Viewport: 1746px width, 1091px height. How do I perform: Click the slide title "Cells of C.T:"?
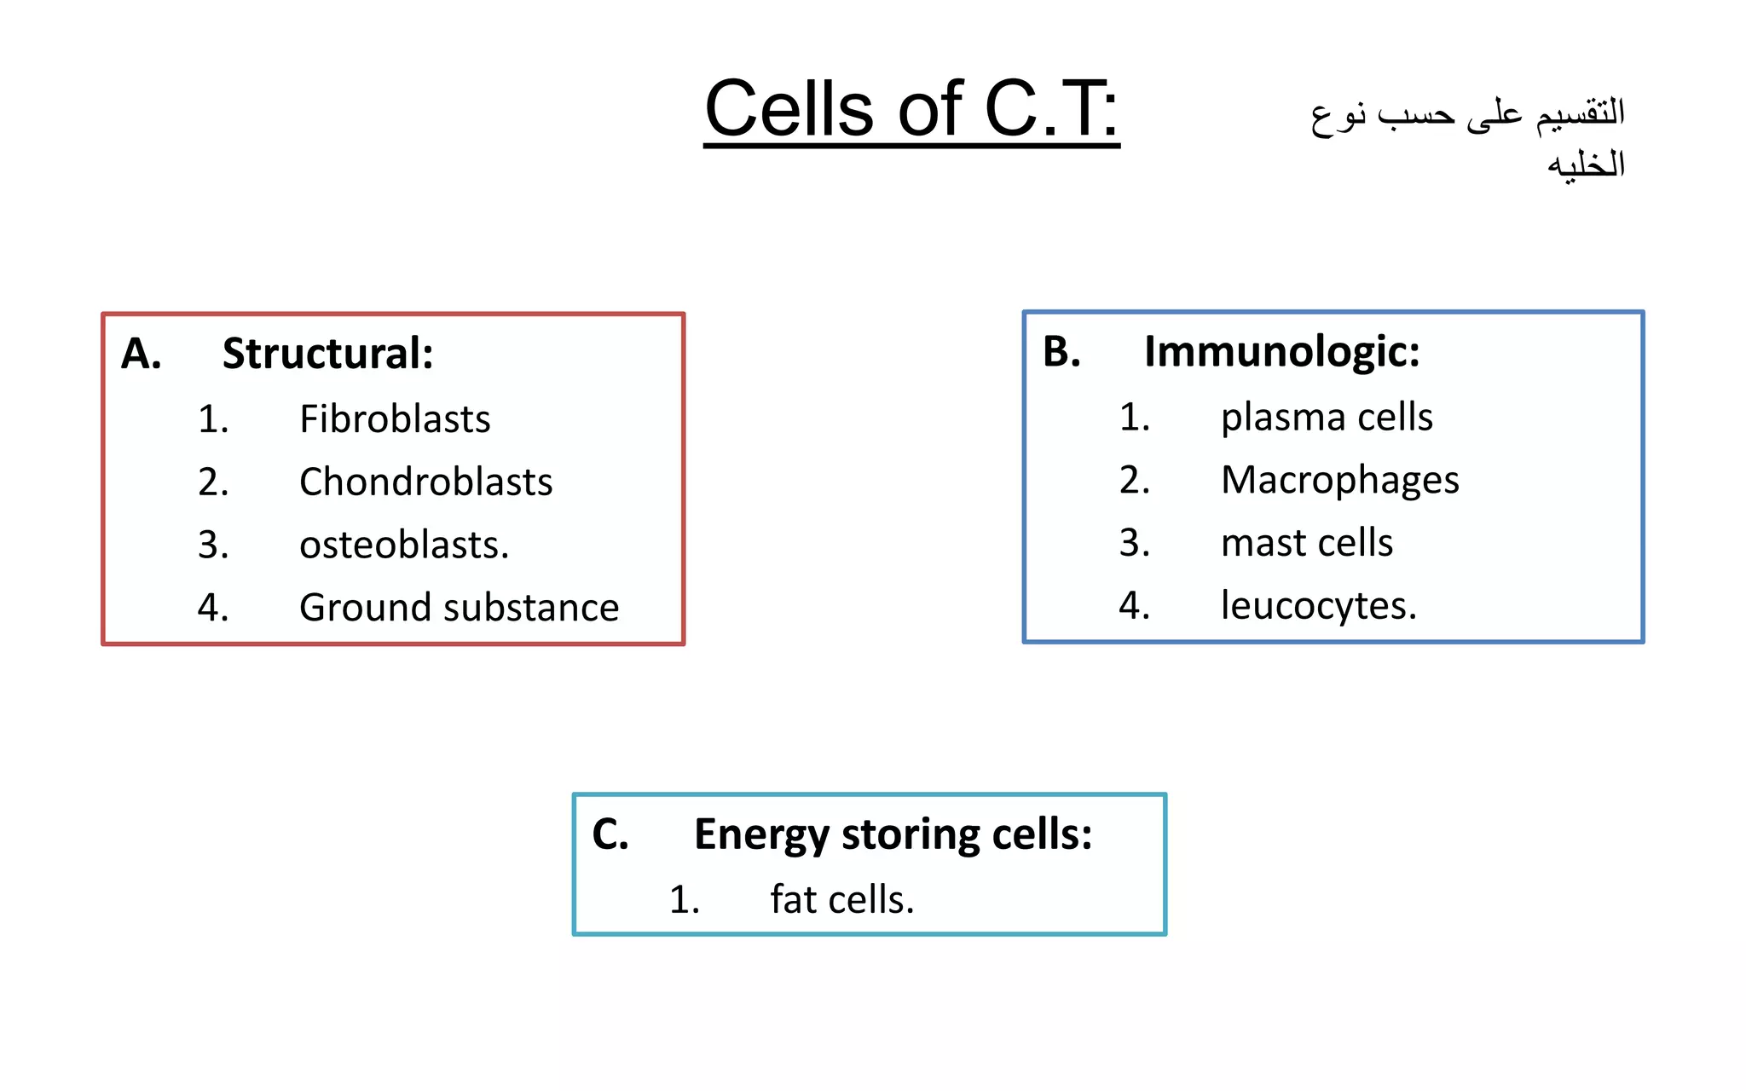(911, 109)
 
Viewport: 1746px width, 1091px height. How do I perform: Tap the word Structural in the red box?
(327, 353)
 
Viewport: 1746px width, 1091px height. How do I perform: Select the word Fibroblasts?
(395, 419)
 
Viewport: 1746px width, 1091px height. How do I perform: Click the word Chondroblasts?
(425, 482)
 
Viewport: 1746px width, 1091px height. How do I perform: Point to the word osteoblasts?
(403, 545)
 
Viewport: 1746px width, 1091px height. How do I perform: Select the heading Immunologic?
(1281, 351)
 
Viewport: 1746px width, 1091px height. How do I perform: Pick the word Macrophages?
(1339, 480)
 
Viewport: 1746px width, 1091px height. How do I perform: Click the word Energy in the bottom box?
(760, 834)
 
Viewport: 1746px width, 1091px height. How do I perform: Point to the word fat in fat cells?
(792, 899)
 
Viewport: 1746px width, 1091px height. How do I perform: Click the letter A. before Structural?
(141, 353)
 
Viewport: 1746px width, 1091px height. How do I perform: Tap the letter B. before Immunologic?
(1061, 351)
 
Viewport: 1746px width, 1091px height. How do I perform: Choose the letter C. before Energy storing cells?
(610, 834)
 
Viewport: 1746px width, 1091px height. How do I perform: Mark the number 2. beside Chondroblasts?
(213, 482)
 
